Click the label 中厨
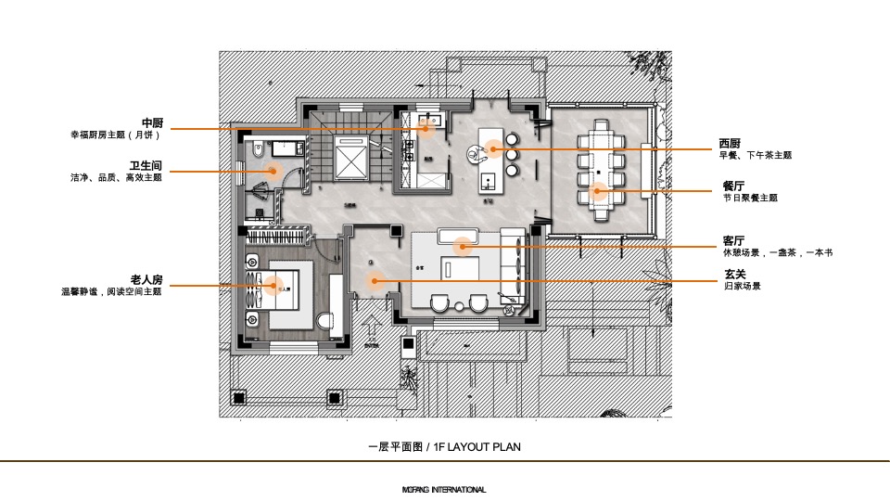(152, 122)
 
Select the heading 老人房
(146, 279)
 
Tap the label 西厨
(730, 143)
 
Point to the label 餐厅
(733, 186)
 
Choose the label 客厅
(733, 241)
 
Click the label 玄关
(734, 275)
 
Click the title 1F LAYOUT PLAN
(444, 447)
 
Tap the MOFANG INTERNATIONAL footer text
(444, 490)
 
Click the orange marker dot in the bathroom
(273, 170)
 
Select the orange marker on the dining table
(599, 192)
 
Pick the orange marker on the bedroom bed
(273, 286)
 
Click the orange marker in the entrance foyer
(374, 280)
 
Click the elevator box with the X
(350, 161)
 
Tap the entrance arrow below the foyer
(372, 329)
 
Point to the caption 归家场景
(742, 287)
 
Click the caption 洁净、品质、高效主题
(116, 177)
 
